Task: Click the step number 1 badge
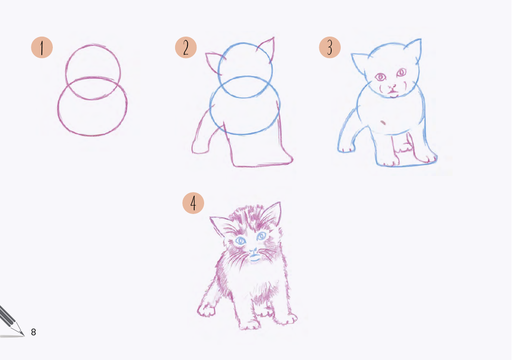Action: coord(42,48)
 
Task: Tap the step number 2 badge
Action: coord(186,48)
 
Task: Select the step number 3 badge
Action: coord(330,48)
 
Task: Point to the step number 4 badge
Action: coord(193,203)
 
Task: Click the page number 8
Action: coord(33,332)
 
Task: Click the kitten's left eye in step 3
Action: coord(380,77)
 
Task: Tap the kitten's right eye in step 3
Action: coord(401,72)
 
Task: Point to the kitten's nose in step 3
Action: coord(392,88)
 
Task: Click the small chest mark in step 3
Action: coord(383,123)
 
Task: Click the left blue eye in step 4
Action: coord(241,241)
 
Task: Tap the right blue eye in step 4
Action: coord(261,236)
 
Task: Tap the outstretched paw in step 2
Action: coord(200,147)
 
